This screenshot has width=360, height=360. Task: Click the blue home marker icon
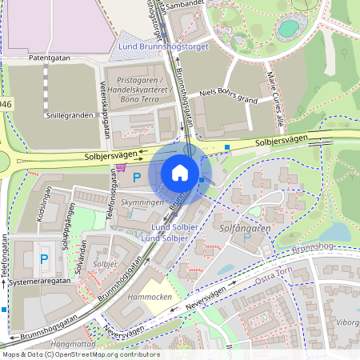coord(180,173)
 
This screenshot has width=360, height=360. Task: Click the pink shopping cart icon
coord(121,168)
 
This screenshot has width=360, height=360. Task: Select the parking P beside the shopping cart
coord(136,177)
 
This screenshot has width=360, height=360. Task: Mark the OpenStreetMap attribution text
coord(80,354)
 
